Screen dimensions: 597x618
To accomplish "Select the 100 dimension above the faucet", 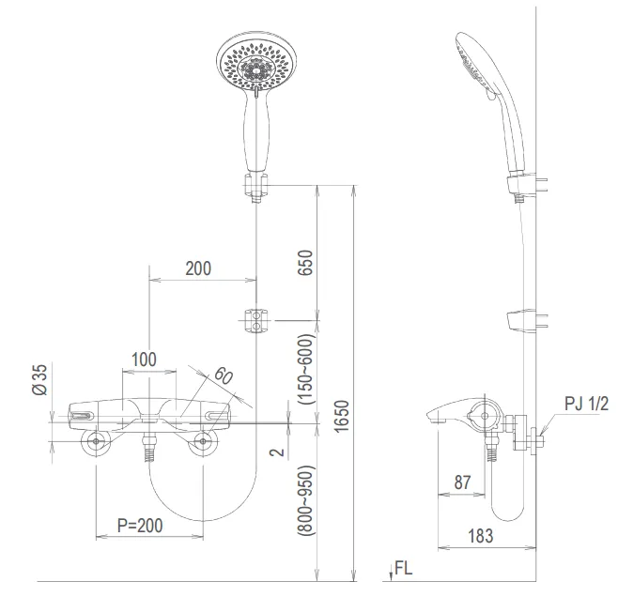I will (x=144, y=359).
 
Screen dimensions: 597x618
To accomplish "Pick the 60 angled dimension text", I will (x=222, y=378).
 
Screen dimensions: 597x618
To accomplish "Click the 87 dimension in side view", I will (x=462, y=482).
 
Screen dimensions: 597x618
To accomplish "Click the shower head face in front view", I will (x=252, y=66).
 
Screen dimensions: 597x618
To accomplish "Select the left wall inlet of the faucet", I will (x=95, y=445).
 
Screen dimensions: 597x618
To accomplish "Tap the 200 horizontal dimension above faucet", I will (x=197, y=268).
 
